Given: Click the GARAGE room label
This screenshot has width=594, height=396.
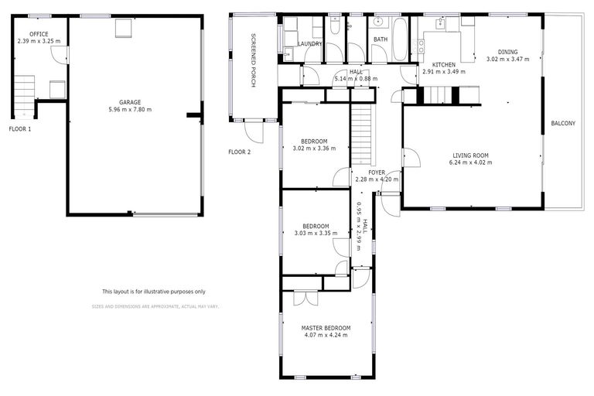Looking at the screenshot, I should (129, 102).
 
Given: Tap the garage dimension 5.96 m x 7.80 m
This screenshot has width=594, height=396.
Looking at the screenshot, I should (129, 110).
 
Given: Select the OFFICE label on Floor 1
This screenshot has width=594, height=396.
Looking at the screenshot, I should (39, 34).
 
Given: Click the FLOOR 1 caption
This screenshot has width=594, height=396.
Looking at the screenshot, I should (20, 128).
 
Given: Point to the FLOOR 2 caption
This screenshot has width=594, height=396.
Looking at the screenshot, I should (240, 152).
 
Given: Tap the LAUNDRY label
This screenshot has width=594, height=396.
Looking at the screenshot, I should (309, 44).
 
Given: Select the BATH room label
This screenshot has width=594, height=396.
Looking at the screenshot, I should (381, 39).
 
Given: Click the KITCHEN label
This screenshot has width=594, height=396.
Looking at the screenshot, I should (443, 64).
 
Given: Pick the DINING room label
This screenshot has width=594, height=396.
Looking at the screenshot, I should (507, 52).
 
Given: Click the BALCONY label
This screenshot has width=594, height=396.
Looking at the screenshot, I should (562, 123).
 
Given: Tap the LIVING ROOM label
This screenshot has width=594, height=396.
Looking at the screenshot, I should (472, 155).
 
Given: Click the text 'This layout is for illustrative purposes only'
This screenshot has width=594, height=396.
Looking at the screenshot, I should (154, 292).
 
